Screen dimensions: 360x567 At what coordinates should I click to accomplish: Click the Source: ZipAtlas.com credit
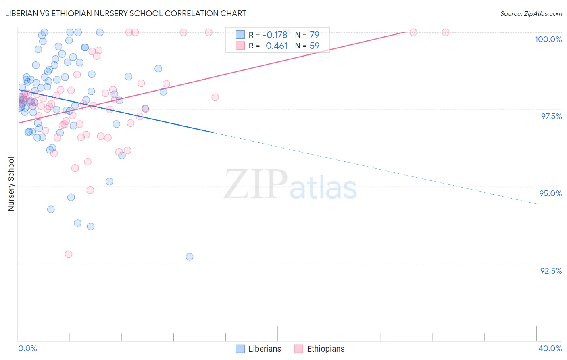click(531, 14)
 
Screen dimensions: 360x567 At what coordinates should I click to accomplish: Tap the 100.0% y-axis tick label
click(548, 39)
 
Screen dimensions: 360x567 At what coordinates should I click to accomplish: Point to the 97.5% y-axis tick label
click(551, 116)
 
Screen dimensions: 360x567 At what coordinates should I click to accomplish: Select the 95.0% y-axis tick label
click(550, 193)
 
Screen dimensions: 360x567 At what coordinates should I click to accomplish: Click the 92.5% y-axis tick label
click(551, 271)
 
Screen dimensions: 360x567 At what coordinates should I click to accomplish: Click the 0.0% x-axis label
click(27, 348)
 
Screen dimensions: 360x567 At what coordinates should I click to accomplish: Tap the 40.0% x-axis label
click(550, 348)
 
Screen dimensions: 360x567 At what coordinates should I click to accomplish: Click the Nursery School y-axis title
click(11, 184)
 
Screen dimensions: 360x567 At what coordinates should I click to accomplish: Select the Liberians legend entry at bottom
click(258, 349)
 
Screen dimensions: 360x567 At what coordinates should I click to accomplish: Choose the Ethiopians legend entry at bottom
click(319, 349)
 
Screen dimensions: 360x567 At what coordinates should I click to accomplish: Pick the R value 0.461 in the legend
click(277, 46)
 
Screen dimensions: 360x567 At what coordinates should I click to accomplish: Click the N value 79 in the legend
click(314, 35)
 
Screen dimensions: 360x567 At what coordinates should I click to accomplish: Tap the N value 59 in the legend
click(314, 46)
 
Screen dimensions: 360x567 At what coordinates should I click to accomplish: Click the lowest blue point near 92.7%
click(190, 257)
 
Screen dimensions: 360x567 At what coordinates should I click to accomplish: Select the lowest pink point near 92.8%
click(69, 254)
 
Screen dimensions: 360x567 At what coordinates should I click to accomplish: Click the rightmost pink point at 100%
click(446, 32)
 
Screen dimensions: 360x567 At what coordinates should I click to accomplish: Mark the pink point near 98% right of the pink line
click(215, 97)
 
